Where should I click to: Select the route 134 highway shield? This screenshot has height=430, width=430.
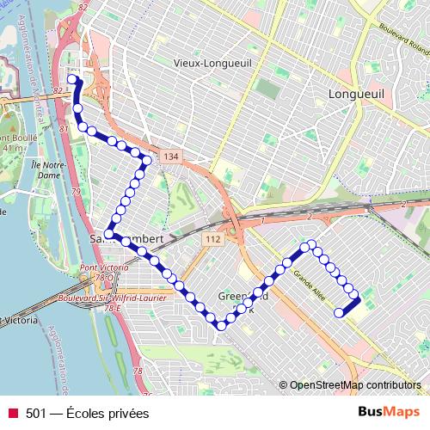pyautogui.click(x=170, y=157)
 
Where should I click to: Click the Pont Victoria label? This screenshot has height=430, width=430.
pyautogui.click(x=104, y=268)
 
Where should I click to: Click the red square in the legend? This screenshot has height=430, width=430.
pyautogui.click(x=12, y=413)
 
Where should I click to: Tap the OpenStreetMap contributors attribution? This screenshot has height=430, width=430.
pyautogui.click(x=354, y=385)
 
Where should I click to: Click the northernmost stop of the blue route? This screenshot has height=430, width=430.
pyautogui.click(x=72, y=80)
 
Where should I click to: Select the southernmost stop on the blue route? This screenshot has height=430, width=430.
pyautogui.click(x=222, y=325)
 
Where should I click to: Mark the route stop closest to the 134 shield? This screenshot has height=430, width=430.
pyautogui.click(x=147, y=160)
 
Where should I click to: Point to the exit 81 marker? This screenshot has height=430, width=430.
pyautogui.click(x=63, y=129)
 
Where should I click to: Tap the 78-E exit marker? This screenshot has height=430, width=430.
pyautogui.click(x=111, y=307)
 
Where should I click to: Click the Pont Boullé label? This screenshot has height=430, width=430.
pyautogui.click(x=17, y=138)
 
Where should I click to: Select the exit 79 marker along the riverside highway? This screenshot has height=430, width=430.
pyautogui.click(x=76, y=191)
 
